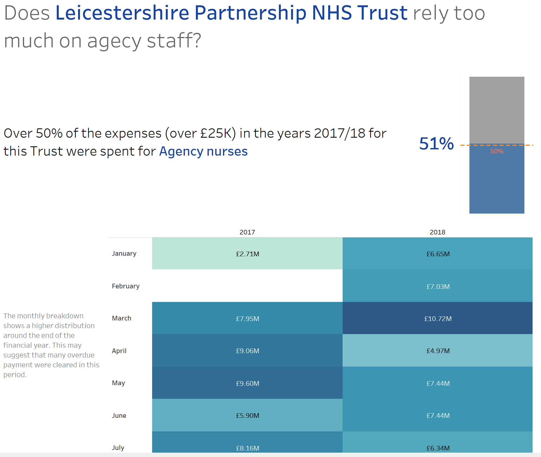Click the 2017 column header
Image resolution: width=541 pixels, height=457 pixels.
point(247,232)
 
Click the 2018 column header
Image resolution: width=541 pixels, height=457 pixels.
point(437,232)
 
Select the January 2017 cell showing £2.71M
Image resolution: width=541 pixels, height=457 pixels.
point(247,254)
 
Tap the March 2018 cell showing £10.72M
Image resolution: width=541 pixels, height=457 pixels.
point(438,318)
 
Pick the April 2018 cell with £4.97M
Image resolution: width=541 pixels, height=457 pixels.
point(438,351)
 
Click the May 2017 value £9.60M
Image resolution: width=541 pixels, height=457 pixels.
point(247,383)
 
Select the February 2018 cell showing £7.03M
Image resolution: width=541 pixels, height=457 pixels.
point(438,286)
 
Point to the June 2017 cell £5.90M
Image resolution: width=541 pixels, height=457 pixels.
point(247,415)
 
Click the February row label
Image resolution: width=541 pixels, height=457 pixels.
point(125,286)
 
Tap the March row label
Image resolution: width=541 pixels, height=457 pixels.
point(121,318)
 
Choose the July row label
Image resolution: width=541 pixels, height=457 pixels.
point(118,447)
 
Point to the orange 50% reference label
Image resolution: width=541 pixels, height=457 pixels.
point(497,151)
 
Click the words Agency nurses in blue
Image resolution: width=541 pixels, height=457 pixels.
point(203,151)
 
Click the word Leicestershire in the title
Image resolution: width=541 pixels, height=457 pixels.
point(122,13)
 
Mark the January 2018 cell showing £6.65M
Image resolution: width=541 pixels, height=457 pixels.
point(438,254)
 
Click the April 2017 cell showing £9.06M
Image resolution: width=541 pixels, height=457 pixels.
point(247,351)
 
